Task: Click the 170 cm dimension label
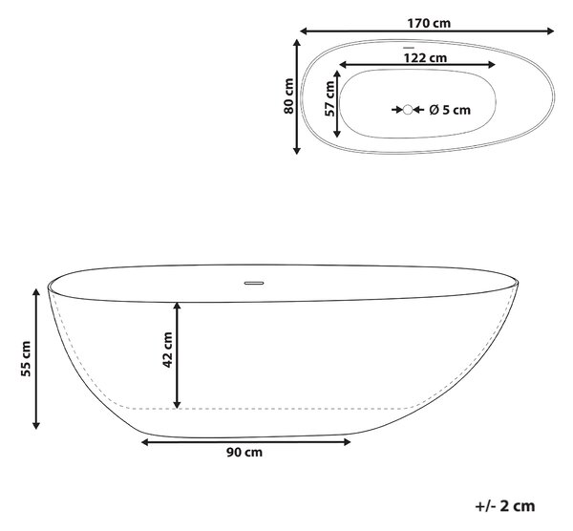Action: pyautogui.click(x=429, y=23)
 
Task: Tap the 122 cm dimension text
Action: pyautogui.click(x=425, y=57)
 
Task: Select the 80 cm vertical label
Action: pyautogui.click(x=288, y=96)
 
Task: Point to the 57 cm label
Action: pyautogui.click(x=330, y=98)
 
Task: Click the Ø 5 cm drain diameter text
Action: pyautogui.click(x=450, y=110)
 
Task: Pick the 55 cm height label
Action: pyautogui.click(x=26, y=358)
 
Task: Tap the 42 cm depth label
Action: pyautogui.click(x=167, y=350)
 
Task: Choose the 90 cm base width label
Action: pyautogui.click(x=244, y=452)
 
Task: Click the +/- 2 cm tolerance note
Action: pyautogui.click(x=505, y=506)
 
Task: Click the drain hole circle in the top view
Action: pyautogui.click(x=408, y=110)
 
